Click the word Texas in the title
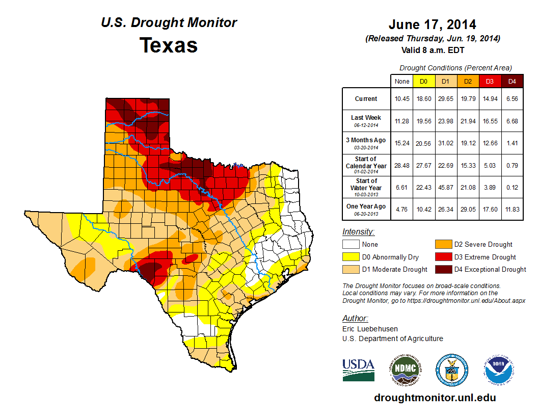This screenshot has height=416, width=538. click(169, 45)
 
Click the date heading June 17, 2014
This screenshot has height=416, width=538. click(432, 24)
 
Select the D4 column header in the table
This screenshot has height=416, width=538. click(512, 82)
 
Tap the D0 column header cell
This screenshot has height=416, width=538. click(423, 82)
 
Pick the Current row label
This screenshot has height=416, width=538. click(366, 99)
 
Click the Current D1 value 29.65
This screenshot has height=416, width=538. click(445, 99)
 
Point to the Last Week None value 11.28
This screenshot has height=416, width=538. click(401, 121)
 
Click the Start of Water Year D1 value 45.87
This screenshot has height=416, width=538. click(445, 187)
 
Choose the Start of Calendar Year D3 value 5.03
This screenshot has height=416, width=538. click(490, 165)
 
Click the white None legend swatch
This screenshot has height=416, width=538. click(351, 245)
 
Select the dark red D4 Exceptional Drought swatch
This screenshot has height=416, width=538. click(443, 269)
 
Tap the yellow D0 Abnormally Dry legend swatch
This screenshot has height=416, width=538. click(351, 257)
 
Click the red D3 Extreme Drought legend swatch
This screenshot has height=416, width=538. click(443, 257)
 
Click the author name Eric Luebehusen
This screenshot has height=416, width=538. click(370, 329)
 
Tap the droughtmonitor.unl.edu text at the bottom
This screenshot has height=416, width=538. click(435, 398)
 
